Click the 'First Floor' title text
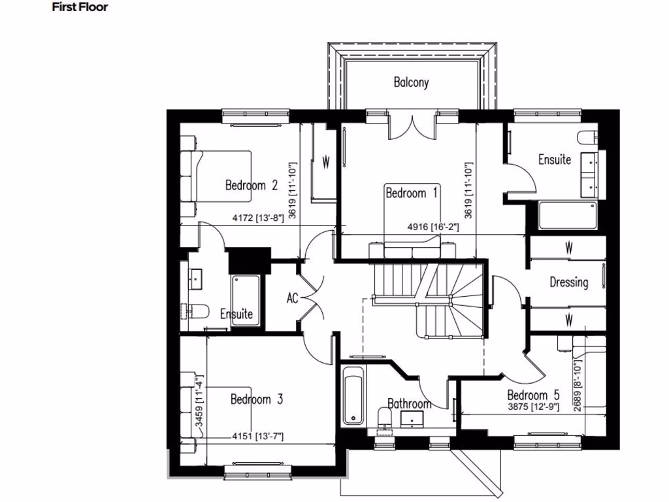(80, 8)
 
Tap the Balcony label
(411, 82)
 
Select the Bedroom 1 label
(412, 193)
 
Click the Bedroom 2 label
(252, 185)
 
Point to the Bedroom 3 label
(257, 399)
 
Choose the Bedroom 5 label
(534, 395)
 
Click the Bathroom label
(409, 404)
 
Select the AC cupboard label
(293, 298)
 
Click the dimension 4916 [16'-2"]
(434, 227)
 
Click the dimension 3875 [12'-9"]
(534, 406)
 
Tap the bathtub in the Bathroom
(353, 395)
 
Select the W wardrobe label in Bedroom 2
(325, 160)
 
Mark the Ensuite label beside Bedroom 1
(555, 159)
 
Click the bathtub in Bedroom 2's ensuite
(246, 295)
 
